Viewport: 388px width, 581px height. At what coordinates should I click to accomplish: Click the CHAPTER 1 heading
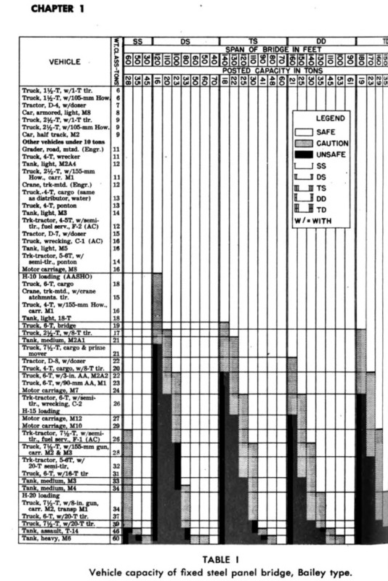tap(36, 9)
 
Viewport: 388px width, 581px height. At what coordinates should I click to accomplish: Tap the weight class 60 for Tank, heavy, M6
tap(116, 540)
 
